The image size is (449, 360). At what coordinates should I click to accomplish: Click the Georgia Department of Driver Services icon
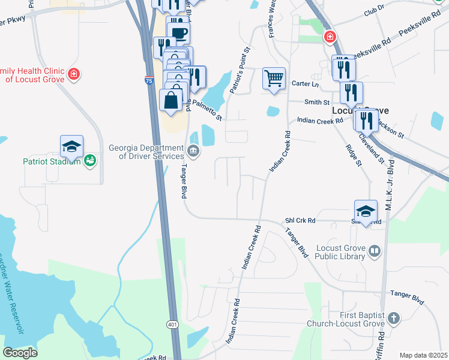(193, 150)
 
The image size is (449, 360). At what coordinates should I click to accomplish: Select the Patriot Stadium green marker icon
(89, 160)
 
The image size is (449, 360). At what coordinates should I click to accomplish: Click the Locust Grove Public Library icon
(374, 251)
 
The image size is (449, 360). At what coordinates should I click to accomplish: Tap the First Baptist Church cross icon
(393, 319)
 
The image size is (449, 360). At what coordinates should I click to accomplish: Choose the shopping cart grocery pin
(274, 78)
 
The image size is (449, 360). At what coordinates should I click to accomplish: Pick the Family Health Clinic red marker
(73, 74)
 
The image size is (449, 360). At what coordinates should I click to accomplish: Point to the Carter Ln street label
(304, 83)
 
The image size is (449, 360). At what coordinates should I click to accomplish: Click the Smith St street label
(317, 103)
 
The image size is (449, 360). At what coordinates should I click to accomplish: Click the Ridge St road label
(353, 155)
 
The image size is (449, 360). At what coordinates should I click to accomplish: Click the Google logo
(20, 353)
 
